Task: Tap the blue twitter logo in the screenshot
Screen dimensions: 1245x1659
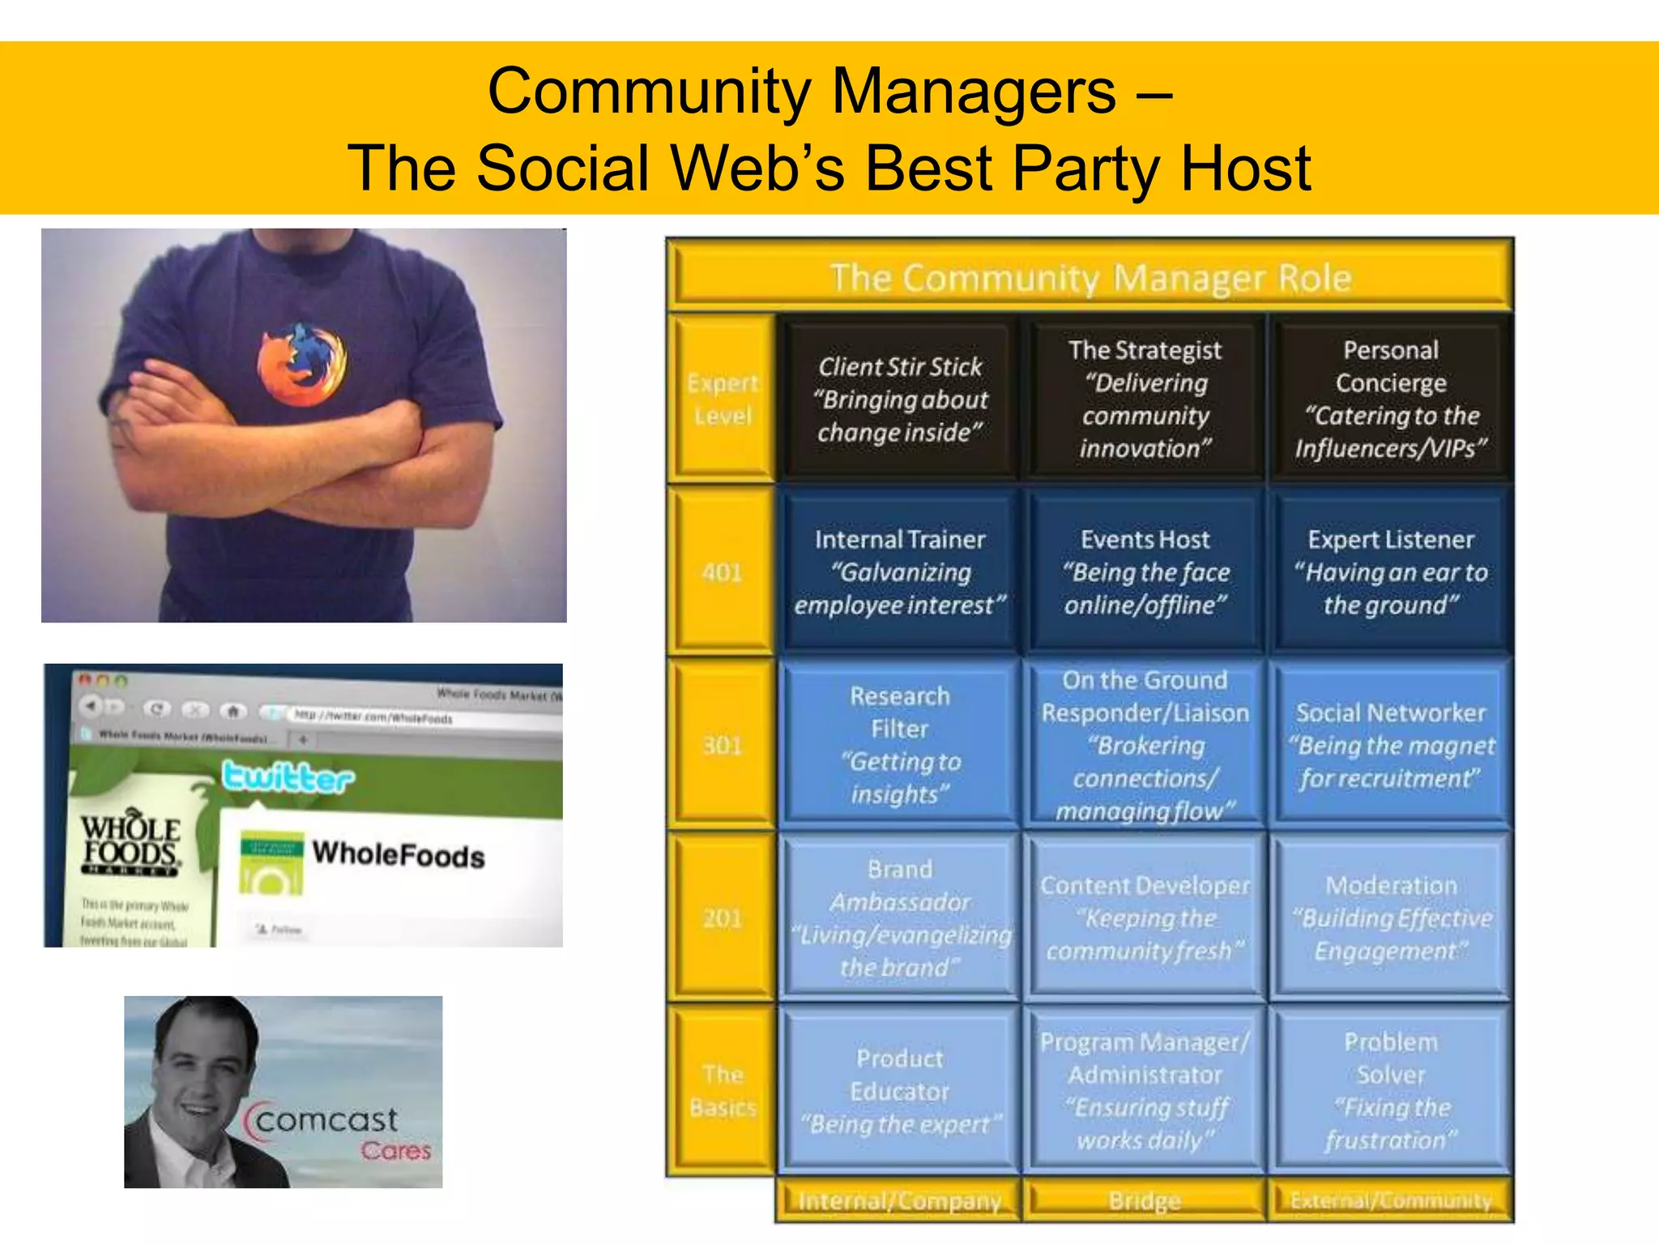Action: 288,777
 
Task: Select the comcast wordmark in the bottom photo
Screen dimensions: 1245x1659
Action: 326,1120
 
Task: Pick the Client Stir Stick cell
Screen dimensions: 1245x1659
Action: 899,399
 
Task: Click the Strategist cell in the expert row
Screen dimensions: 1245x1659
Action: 1145,399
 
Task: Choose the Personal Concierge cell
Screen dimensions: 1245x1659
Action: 1390,399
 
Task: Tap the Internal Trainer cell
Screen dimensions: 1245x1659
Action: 899,571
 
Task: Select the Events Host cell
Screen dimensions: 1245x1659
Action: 1145,571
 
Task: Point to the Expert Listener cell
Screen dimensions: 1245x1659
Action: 1390,571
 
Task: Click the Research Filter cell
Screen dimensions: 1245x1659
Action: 899,744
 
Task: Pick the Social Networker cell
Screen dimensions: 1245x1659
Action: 1390,744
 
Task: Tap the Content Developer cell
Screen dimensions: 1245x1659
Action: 1145,918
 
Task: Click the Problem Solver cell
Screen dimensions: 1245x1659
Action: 1390,1090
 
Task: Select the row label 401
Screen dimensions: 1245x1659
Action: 722,572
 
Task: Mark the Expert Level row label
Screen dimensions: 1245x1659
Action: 722,399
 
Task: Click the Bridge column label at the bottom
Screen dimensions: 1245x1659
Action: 1145,1200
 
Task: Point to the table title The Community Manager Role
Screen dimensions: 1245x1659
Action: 1090,278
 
